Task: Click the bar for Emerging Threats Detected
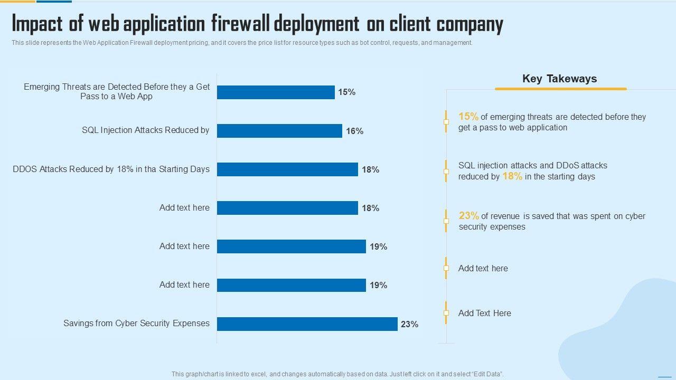[276, 92]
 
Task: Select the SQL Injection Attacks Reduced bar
[279, 131]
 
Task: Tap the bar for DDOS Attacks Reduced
[287, 169]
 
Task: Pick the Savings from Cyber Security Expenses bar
[307, 324]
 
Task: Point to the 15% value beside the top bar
[346, 92]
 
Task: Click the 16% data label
[354, 131]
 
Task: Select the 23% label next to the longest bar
[409, 324]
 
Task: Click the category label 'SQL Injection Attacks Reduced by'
[145, 130]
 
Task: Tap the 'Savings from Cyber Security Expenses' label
[136, 323]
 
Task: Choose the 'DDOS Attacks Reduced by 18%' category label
[111, 169]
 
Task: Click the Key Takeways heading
[559, 79]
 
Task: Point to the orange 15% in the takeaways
[468, 117]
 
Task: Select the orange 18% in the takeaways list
[512, 176]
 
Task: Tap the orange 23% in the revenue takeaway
[469, 215]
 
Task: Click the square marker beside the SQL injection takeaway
[446, 172]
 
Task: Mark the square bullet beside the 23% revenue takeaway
[446, 221]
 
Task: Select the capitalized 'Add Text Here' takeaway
[484, 313]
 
